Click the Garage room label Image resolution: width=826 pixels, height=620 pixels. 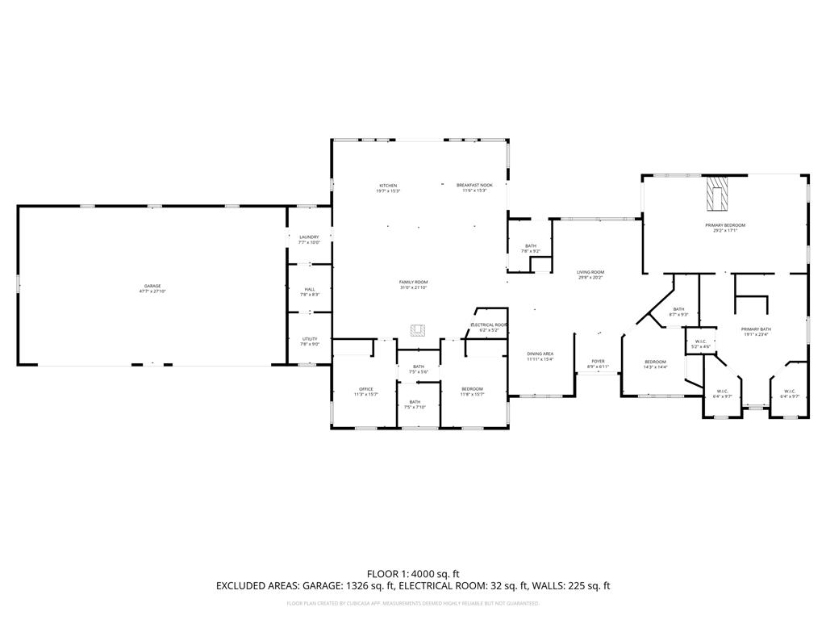pos(152,287)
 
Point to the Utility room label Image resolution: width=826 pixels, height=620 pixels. pos(310,341)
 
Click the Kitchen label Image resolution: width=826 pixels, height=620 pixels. pos(388,187)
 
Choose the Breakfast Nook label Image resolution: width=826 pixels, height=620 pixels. pos(474,187)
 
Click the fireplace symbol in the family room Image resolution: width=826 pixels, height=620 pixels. pos(418,329)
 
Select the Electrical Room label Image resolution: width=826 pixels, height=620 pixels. pos(490,326)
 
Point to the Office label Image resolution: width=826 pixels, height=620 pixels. pos(366,391)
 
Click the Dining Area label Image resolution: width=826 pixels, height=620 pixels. pos(540,356)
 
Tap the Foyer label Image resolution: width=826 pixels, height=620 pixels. pos(598,363)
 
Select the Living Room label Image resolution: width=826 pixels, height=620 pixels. pos(590,274)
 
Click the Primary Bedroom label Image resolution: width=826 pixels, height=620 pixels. pos(725,227)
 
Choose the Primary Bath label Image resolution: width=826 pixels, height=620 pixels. pos(757,331)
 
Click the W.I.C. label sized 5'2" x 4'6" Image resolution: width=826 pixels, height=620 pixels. pos(700,343)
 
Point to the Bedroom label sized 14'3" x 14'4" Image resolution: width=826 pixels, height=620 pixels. pos(655,363)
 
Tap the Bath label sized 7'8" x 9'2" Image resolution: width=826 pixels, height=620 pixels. pos(530,248)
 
